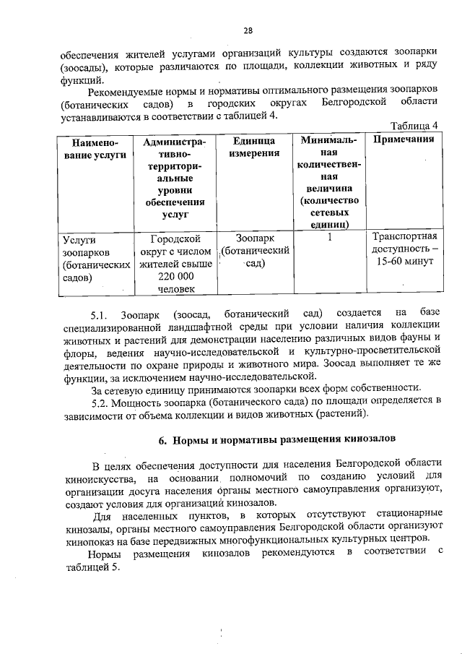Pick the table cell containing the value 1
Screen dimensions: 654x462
329,237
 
